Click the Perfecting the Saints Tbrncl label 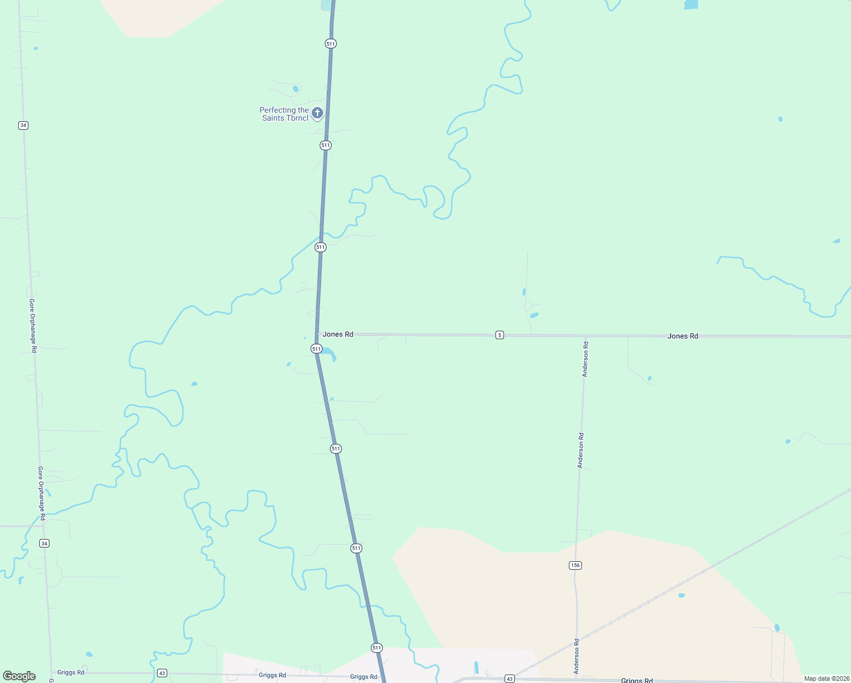(x=284, y=114)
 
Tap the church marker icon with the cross (x=317, y=113)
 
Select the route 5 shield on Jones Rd (x=499, y=335)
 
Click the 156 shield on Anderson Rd (x=575, y=565)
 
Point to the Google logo (x=19, y=676)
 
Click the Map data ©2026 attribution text (x=826, y=678)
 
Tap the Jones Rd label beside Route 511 (x=338, y=334)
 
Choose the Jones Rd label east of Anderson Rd (x=683, y=336)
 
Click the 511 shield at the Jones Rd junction (x=316, y=348)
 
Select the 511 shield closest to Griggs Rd (x=377, y=648)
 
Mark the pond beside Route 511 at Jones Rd (x=329, y=355)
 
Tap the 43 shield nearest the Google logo (x=162, y=673)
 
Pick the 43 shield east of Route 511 (x=509, y=679)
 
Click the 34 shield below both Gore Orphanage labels (x=44, y=544)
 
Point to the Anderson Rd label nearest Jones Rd (x=585, y=359)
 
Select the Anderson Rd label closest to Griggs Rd (x=576, y=656)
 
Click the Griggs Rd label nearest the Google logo (x=71, y=672)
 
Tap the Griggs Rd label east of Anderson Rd (x=637, y=680)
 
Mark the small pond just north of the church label (x=295, y=89)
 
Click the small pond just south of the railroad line (x=681, y=595)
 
